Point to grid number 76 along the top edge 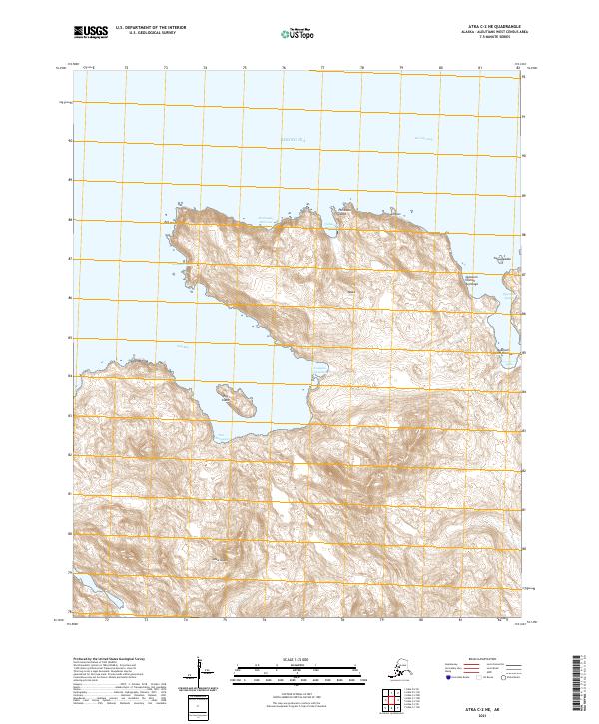pos(285,68)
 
